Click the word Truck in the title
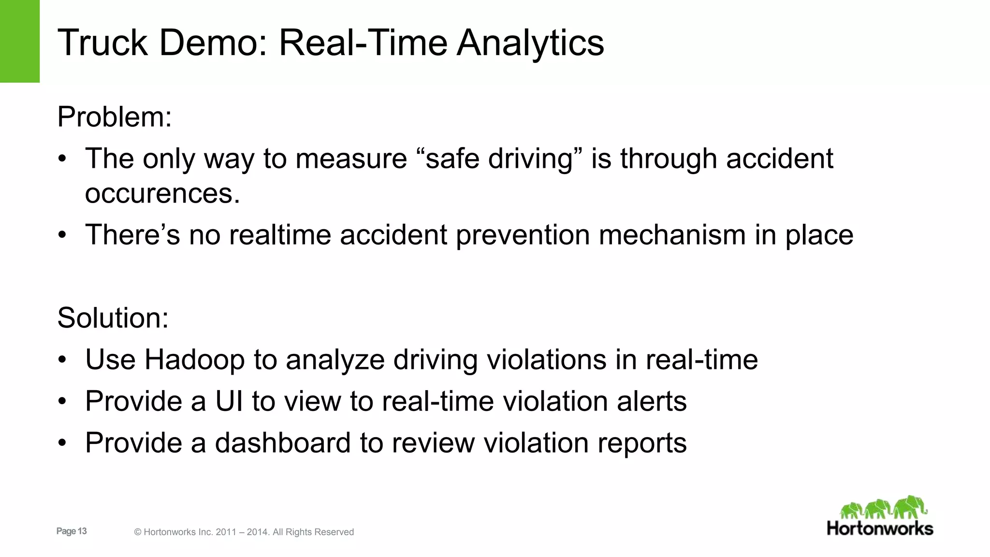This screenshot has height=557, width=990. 102,43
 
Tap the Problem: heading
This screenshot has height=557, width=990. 115,117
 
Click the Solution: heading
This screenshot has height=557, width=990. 113,318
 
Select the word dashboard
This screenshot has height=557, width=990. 282,443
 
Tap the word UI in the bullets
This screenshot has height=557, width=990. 229,401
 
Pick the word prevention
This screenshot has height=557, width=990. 523,235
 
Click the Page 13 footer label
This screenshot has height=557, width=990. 72,531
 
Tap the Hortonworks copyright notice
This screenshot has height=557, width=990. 244,532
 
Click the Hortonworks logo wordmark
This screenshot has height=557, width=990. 880,528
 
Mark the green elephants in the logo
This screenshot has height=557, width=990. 884,508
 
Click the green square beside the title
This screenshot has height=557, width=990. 20,41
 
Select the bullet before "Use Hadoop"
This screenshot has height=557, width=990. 62,360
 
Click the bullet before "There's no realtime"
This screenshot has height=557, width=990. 62,235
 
